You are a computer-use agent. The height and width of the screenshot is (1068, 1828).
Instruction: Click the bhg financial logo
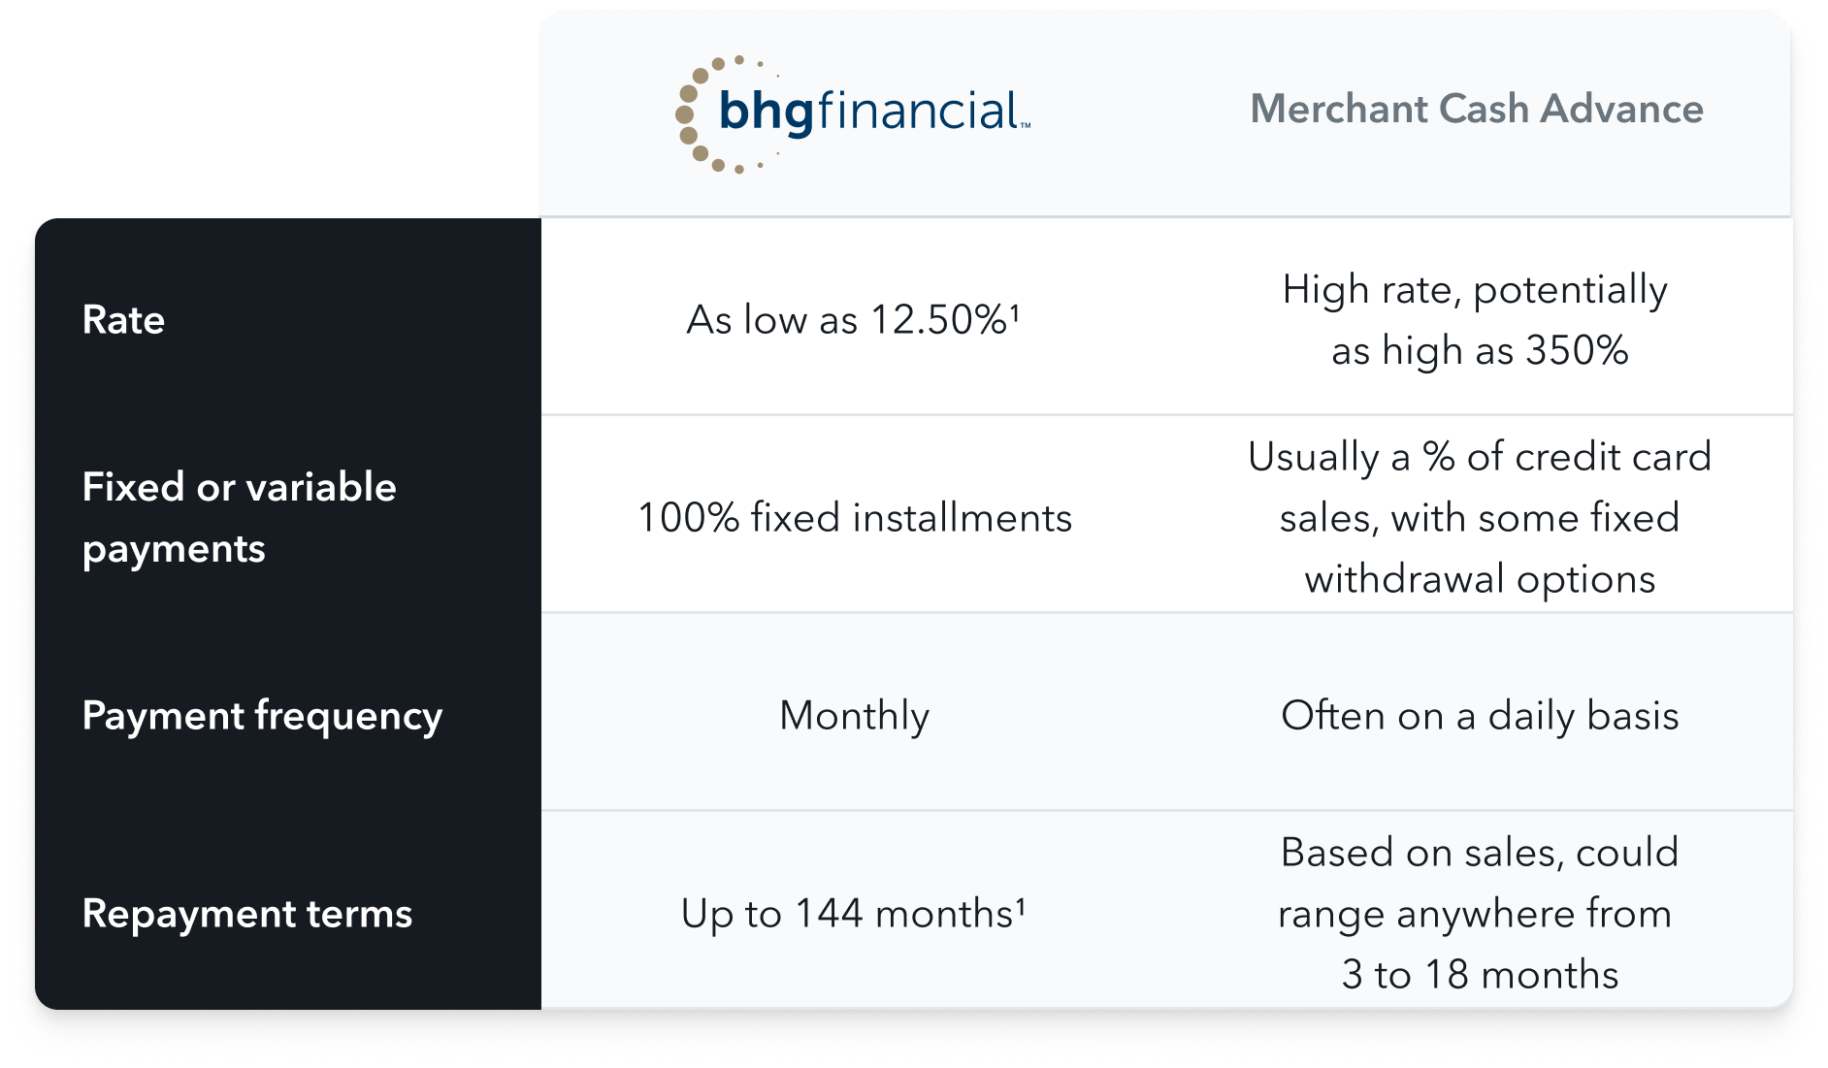pyautogui.click(x=853, y=113)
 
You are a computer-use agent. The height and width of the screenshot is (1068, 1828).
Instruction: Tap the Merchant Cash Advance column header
pyautogui.click(x=1476, y=109)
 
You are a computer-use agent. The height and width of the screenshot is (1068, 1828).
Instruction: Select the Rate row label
pyautogui.click(x=123, y=319)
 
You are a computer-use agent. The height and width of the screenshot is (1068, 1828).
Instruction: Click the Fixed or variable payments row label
pyautogui.click(x=239, y=517)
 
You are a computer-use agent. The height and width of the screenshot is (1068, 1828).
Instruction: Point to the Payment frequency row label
pyautogui.click(x=262, y=717)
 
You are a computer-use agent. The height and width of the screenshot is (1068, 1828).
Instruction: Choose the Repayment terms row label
pyautogui.click(x=247, y=914)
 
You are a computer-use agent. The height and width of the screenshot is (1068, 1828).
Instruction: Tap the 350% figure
pyautogui.click(x=1577, y=350)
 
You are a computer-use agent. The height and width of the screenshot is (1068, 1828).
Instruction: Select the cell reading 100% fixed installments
pyautogui.click(x=855, y=517)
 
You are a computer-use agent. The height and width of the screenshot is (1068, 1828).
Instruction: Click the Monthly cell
pyautogui.click(x=855, y=717)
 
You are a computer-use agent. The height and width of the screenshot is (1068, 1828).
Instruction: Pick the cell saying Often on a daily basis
pyautogui.click(x=1480, y=716)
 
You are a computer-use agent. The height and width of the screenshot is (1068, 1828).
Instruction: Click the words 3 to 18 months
pyautogui.click(x=1480, y=974)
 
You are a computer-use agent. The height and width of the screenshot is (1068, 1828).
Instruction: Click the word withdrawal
pyautogui.click(x=1405, y=579)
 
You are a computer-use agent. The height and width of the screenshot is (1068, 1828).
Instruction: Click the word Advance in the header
pyautogui.click(x=1622, y=109)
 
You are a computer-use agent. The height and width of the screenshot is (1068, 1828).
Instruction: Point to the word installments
pyautogui.click(x=963, y=517)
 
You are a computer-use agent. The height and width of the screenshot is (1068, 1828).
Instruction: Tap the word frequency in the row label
pyautogui.click(x=348, y=717)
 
